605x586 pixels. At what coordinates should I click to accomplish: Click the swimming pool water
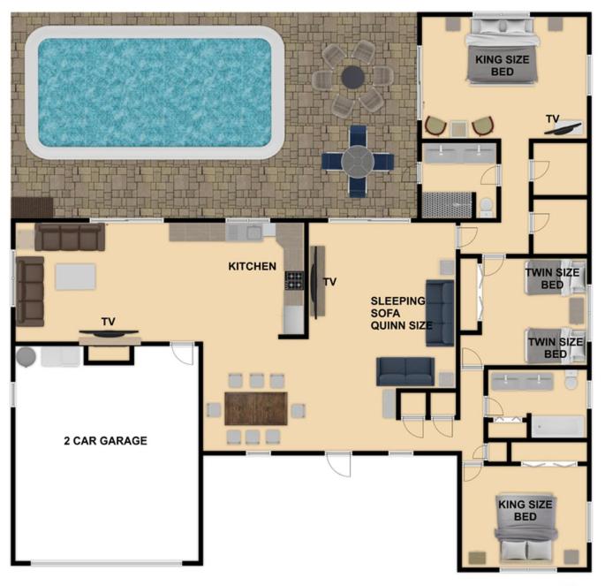coord(155,93)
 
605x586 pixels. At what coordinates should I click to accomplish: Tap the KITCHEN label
coord(252,266)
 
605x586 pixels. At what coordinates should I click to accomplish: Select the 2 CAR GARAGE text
coord(105,440)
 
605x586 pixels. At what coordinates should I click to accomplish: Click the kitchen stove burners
coord(294,281)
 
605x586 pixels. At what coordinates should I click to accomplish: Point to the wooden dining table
coord(256,408)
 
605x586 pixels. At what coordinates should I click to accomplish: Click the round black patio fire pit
coord(352,77)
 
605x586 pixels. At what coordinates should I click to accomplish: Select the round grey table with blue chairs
coord(358,162)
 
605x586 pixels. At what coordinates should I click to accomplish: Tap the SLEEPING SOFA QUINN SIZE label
coord(401,313)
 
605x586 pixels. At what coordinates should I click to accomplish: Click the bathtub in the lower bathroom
coord(558,427)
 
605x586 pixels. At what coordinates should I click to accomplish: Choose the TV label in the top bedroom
coord(553,119)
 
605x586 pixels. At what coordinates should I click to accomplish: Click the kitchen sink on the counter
coord(250,232)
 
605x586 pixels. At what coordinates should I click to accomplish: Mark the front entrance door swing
coord(339,465)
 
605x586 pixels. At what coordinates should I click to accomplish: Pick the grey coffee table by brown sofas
coord(75,277)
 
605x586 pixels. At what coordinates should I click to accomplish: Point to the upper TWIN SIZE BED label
coord(552,278)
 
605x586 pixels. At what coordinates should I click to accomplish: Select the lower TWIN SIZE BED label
coord(556,348)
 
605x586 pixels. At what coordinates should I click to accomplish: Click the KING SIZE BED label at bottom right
coord(526,510)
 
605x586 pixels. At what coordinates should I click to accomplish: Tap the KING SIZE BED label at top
coord(502,65)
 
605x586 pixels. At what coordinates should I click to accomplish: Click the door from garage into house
coord(183,353)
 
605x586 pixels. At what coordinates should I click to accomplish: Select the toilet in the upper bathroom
coord(487,207)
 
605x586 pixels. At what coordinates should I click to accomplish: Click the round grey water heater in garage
coord(26,357)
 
